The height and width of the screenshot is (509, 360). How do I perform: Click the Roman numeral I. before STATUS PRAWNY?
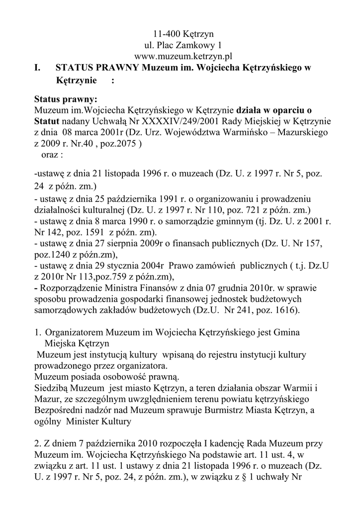tap(38, 68)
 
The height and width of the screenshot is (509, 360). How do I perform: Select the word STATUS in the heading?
tap(74, 68)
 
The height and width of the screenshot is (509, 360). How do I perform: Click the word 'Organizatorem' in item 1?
tap(73, 332)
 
